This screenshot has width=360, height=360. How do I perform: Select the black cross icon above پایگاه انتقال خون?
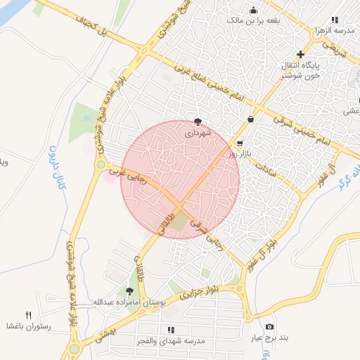click(x=300, y=54)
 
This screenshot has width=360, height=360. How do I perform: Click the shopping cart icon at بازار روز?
click(x=230, y=143)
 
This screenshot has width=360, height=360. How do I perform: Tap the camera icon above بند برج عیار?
click(x=269, y=327)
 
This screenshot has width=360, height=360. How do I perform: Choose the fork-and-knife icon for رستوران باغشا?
click(x=28, y=314)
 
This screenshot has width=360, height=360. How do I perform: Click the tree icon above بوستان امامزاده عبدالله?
click(x=129, y=290)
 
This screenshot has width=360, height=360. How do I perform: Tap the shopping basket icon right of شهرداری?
click(x=251, y=119)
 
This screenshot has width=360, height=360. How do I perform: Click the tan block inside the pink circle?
click(x=180, y=221)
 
